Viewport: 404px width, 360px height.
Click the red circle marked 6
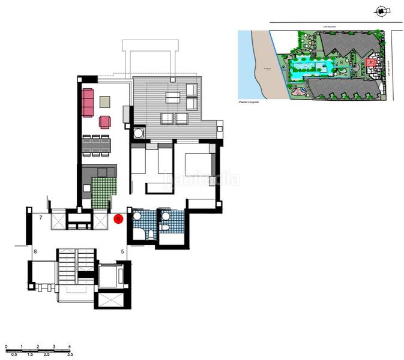(x=119, y=219)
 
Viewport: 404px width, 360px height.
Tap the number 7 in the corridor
(x=40, y=218)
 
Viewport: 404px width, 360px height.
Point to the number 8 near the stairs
(x=35, y=251)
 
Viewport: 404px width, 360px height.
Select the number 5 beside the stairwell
(x=122, y=251)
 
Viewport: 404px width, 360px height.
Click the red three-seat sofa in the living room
(x=88, y=103)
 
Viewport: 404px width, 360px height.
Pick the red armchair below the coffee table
(x=105, y=122)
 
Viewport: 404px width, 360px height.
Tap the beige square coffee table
(x=106, y=101)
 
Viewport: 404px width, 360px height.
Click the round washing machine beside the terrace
(x=139, y=133)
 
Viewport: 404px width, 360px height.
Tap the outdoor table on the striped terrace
(x=173, y=98)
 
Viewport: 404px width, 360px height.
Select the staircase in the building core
(x=76, y=264)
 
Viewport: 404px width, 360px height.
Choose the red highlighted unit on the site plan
(x=370, y=62)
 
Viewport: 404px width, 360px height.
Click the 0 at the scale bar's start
(x=5, y=347)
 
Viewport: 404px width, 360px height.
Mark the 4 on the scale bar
(x=70, y=347)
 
